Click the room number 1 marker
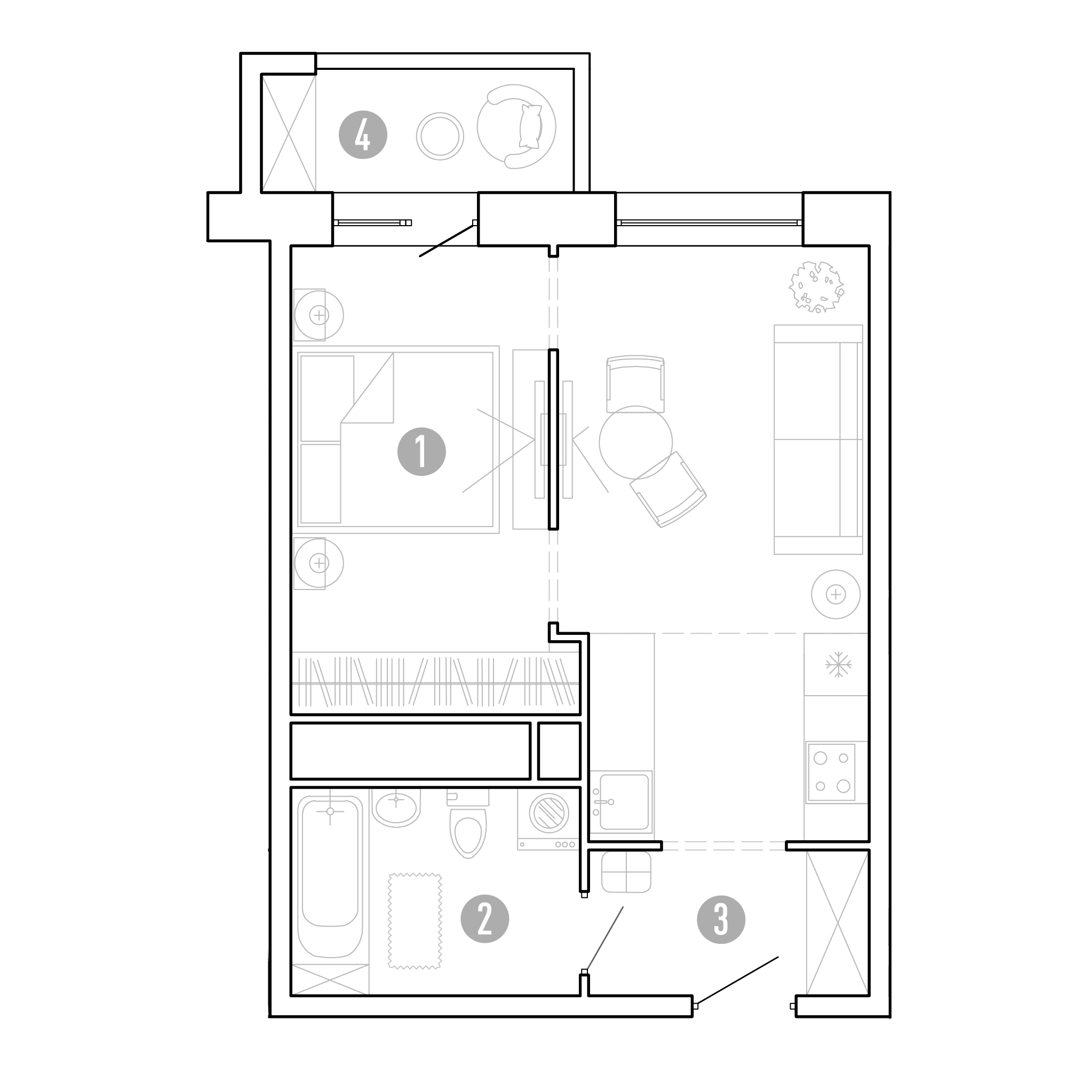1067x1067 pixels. (421, 452)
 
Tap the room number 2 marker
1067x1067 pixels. (485, 919)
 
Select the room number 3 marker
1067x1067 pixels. (721, 919)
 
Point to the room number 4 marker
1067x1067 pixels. (363, 135)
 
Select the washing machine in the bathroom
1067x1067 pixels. (548, 819)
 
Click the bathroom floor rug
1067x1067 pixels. (415, 921)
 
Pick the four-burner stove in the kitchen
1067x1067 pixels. (831, 772)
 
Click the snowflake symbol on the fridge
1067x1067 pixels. (838, 664)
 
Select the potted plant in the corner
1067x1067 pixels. (816, 286)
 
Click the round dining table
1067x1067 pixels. (636, 442)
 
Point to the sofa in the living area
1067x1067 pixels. (818, 440)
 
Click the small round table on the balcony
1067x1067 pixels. (440, 137)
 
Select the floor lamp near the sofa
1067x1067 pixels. (835, 594)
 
